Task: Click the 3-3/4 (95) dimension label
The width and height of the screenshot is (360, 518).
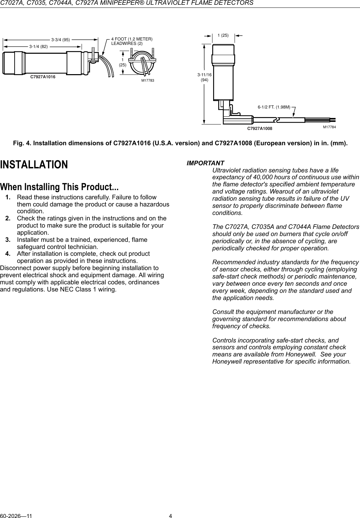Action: pyautogui.click(x=61, y=39)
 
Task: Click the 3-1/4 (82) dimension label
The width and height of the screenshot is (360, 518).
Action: pyautogui.click(x=38, y=46)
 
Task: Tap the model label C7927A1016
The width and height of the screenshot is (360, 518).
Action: pyautogui.click(x=43, y=77)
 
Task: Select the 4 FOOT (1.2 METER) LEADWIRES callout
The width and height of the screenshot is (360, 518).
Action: pyautogui.click(x=132, y=41)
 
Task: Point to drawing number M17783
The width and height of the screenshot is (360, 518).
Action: pyautogui.click(x=148, y=81)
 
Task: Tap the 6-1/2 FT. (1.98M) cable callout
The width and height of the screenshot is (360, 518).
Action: pyautogui.click(x=274, y=107)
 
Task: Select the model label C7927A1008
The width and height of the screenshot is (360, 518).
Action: pyautogui.click(x=260, y=129)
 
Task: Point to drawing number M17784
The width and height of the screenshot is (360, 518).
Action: pyautogui.click(x=329, y=127)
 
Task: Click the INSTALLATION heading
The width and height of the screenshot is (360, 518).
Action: pyautogui.click(x=34, y=165)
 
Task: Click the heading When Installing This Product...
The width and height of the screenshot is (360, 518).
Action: pyautogui.click(x=59, y=187)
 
